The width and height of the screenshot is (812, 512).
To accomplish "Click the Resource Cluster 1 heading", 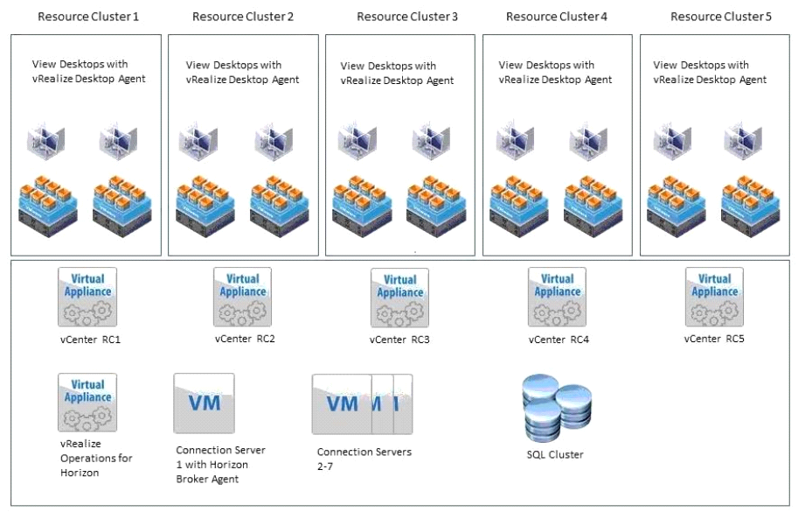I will tap(88, 17).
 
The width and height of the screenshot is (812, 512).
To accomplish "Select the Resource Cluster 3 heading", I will tap(407, 17).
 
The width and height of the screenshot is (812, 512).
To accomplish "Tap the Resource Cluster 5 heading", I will tap(721, 17).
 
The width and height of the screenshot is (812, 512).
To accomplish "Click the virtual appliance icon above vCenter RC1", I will tap(87, 297).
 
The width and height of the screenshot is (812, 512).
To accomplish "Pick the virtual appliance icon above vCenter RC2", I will tap(243, 297).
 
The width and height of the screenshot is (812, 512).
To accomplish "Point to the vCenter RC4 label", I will tap(559, 339).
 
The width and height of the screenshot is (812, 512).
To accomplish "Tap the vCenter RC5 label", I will tap(715, 339).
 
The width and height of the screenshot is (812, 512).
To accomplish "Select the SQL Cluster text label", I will tap(555, 454).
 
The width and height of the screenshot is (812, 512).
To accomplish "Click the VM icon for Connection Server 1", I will tap(205, 403).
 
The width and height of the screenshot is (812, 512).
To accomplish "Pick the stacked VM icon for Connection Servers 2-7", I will tap(362, 404).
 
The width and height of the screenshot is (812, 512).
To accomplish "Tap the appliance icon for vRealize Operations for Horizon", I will tap(87, 403).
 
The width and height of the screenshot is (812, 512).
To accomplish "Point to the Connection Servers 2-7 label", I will tap(364, 459).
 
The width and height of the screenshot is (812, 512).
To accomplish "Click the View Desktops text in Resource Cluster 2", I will tap(242, 72).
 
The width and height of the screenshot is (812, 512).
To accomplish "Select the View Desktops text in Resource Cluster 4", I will tap(555, 72).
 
